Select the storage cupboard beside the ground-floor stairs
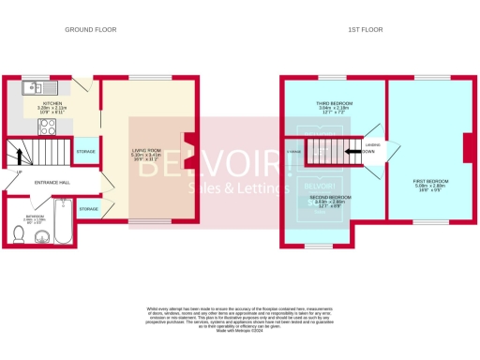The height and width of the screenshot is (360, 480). (85, 151)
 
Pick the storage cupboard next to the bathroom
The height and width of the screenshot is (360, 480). (88, 208)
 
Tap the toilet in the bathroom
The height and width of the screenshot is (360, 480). (41, 237)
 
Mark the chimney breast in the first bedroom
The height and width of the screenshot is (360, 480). (467, 149)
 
